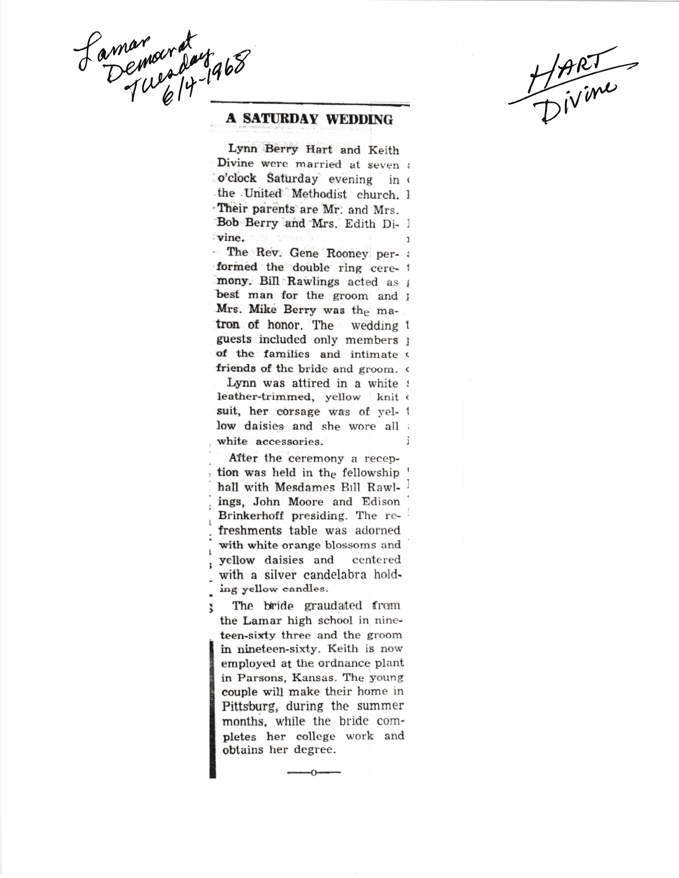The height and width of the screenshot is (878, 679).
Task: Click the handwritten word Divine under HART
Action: pos(579,101)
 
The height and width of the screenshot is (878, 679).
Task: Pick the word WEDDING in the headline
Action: pos(359,119)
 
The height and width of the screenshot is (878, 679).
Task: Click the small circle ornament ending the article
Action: pos(313,773)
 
